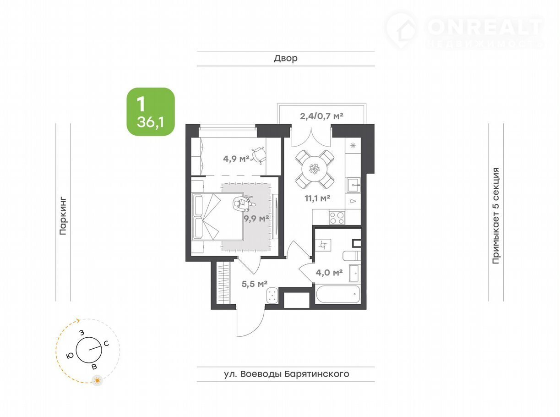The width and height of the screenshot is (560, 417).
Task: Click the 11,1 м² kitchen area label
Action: tap(317, 198)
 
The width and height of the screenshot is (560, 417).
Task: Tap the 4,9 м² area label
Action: tap(236, 159)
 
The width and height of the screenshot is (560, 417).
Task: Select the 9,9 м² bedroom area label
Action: tap(256, 219)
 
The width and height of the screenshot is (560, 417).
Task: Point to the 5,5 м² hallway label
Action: tap(255, 284)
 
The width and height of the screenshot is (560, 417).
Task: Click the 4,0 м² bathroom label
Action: tap(329, 273)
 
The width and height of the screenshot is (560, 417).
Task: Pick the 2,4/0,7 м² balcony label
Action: tap(321, 116)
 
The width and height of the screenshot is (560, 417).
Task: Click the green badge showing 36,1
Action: tap(151, 112)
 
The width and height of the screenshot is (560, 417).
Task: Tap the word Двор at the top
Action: tap(286, 58)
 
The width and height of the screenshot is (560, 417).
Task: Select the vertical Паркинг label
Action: tap(63, 216)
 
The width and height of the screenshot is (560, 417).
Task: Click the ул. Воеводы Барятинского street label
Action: tap(287, 374)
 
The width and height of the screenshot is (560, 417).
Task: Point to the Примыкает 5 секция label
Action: tap(495, 215)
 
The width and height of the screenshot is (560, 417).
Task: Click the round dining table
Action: tap(315, 169)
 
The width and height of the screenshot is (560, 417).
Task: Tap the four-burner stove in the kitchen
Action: tap(337, 217)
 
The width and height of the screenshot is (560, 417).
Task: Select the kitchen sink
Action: tap(353, 185)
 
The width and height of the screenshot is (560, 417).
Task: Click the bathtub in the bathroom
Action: tap(338, 294)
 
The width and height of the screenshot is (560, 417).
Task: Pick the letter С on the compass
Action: tap(106, 344)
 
